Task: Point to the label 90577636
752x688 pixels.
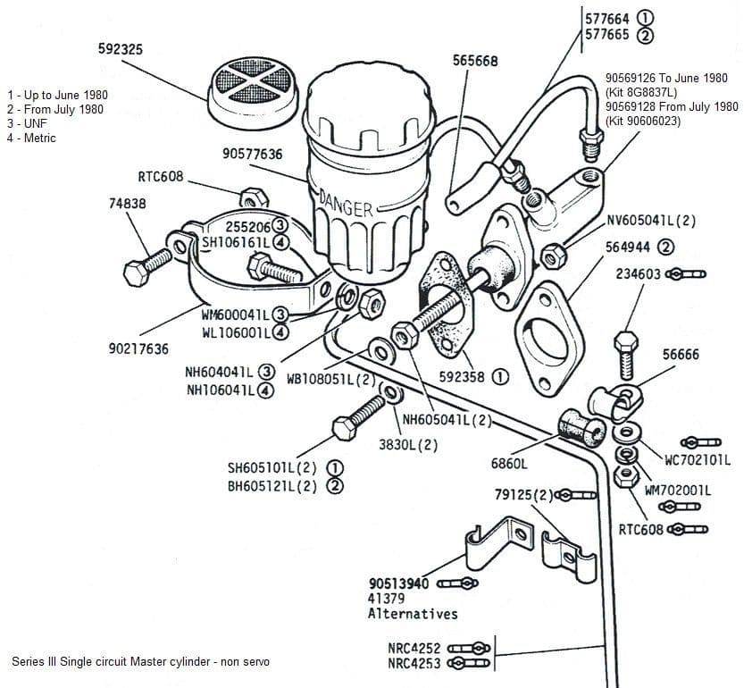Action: point(253,155)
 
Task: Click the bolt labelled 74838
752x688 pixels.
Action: point(147,264)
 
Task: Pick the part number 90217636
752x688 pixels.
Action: point(138,348)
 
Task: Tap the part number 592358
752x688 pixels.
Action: point(462,377)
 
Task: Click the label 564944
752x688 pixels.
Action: point(631,247)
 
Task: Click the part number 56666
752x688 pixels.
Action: point(682,354)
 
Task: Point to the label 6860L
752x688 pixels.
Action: point(509,463)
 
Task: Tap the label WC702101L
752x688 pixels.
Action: point(698,460)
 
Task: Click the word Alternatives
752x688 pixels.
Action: point(413,614)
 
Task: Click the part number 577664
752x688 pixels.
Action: point(607,19)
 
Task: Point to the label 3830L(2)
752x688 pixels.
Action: point(406,444)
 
